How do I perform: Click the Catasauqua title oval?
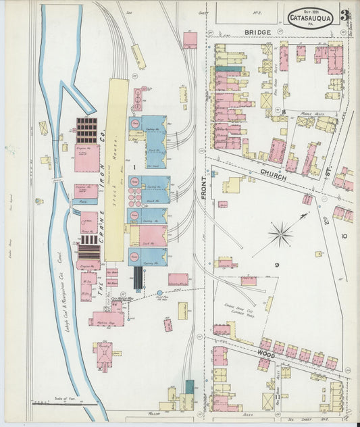pyautogui.click(x=310, y=18)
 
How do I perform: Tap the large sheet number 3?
pyautogui.click(x=344, y=15)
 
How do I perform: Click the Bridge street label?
pyautogui.click(x=257, y=32)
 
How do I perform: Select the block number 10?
pyautogui.click(x=344, y=236)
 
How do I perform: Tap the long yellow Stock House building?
pyautogui.click(x=115, y=169)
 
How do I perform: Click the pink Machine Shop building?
pyautogui.click(x=107, y=318)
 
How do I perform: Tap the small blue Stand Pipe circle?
pyautogui.click(x=159, y=293)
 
